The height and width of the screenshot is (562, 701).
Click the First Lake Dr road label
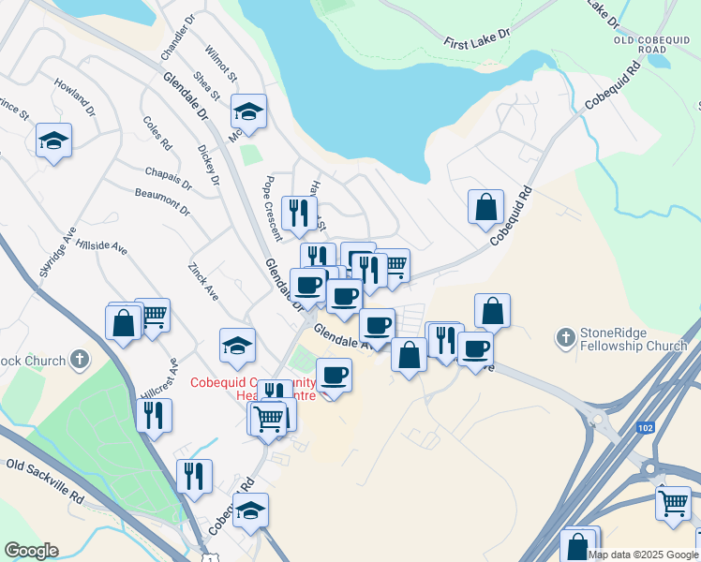477,38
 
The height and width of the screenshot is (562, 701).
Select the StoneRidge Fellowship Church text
634,339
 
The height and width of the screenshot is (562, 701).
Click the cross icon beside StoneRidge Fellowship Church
565,336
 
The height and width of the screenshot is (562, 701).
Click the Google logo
30,551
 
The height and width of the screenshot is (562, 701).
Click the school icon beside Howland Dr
53,141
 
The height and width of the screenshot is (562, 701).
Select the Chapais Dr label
169,174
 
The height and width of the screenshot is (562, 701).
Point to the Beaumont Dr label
162,200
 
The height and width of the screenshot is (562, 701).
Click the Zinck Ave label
203,280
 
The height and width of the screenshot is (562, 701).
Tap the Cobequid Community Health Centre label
253,389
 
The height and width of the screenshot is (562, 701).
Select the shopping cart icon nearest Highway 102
673,503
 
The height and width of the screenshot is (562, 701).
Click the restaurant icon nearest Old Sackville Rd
194,476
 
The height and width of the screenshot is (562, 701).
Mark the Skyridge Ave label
55,256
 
